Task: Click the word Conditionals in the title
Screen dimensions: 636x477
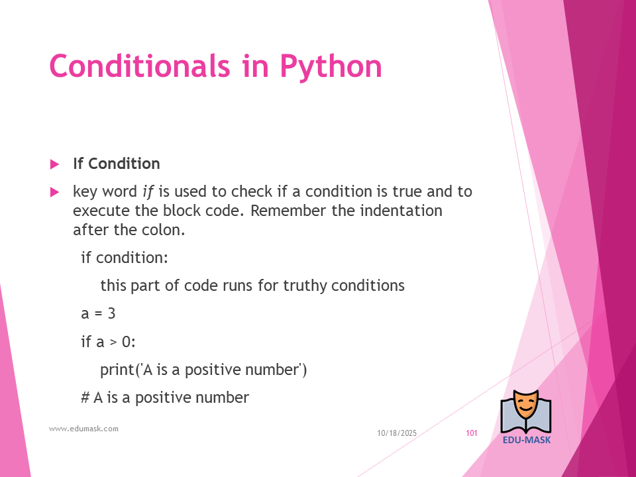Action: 140,66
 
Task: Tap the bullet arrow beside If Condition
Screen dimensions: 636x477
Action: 54,164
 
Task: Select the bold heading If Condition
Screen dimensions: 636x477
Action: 117,164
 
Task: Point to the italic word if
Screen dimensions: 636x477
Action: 148,191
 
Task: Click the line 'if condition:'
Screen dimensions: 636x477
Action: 125,258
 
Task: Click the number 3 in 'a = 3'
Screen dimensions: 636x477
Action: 111,313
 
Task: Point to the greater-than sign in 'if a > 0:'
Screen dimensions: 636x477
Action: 113,343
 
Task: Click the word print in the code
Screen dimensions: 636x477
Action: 117,370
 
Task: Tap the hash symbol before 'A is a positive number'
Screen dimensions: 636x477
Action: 85,397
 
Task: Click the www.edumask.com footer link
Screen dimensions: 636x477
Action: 84,429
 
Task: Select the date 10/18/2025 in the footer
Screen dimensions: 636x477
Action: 397,433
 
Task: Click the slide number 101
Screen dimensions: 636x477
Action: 471,433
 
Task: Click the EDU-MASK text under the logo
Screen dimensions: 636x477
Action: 527,440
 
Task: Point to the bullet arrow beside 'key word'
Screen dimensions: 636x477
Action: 54,192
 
